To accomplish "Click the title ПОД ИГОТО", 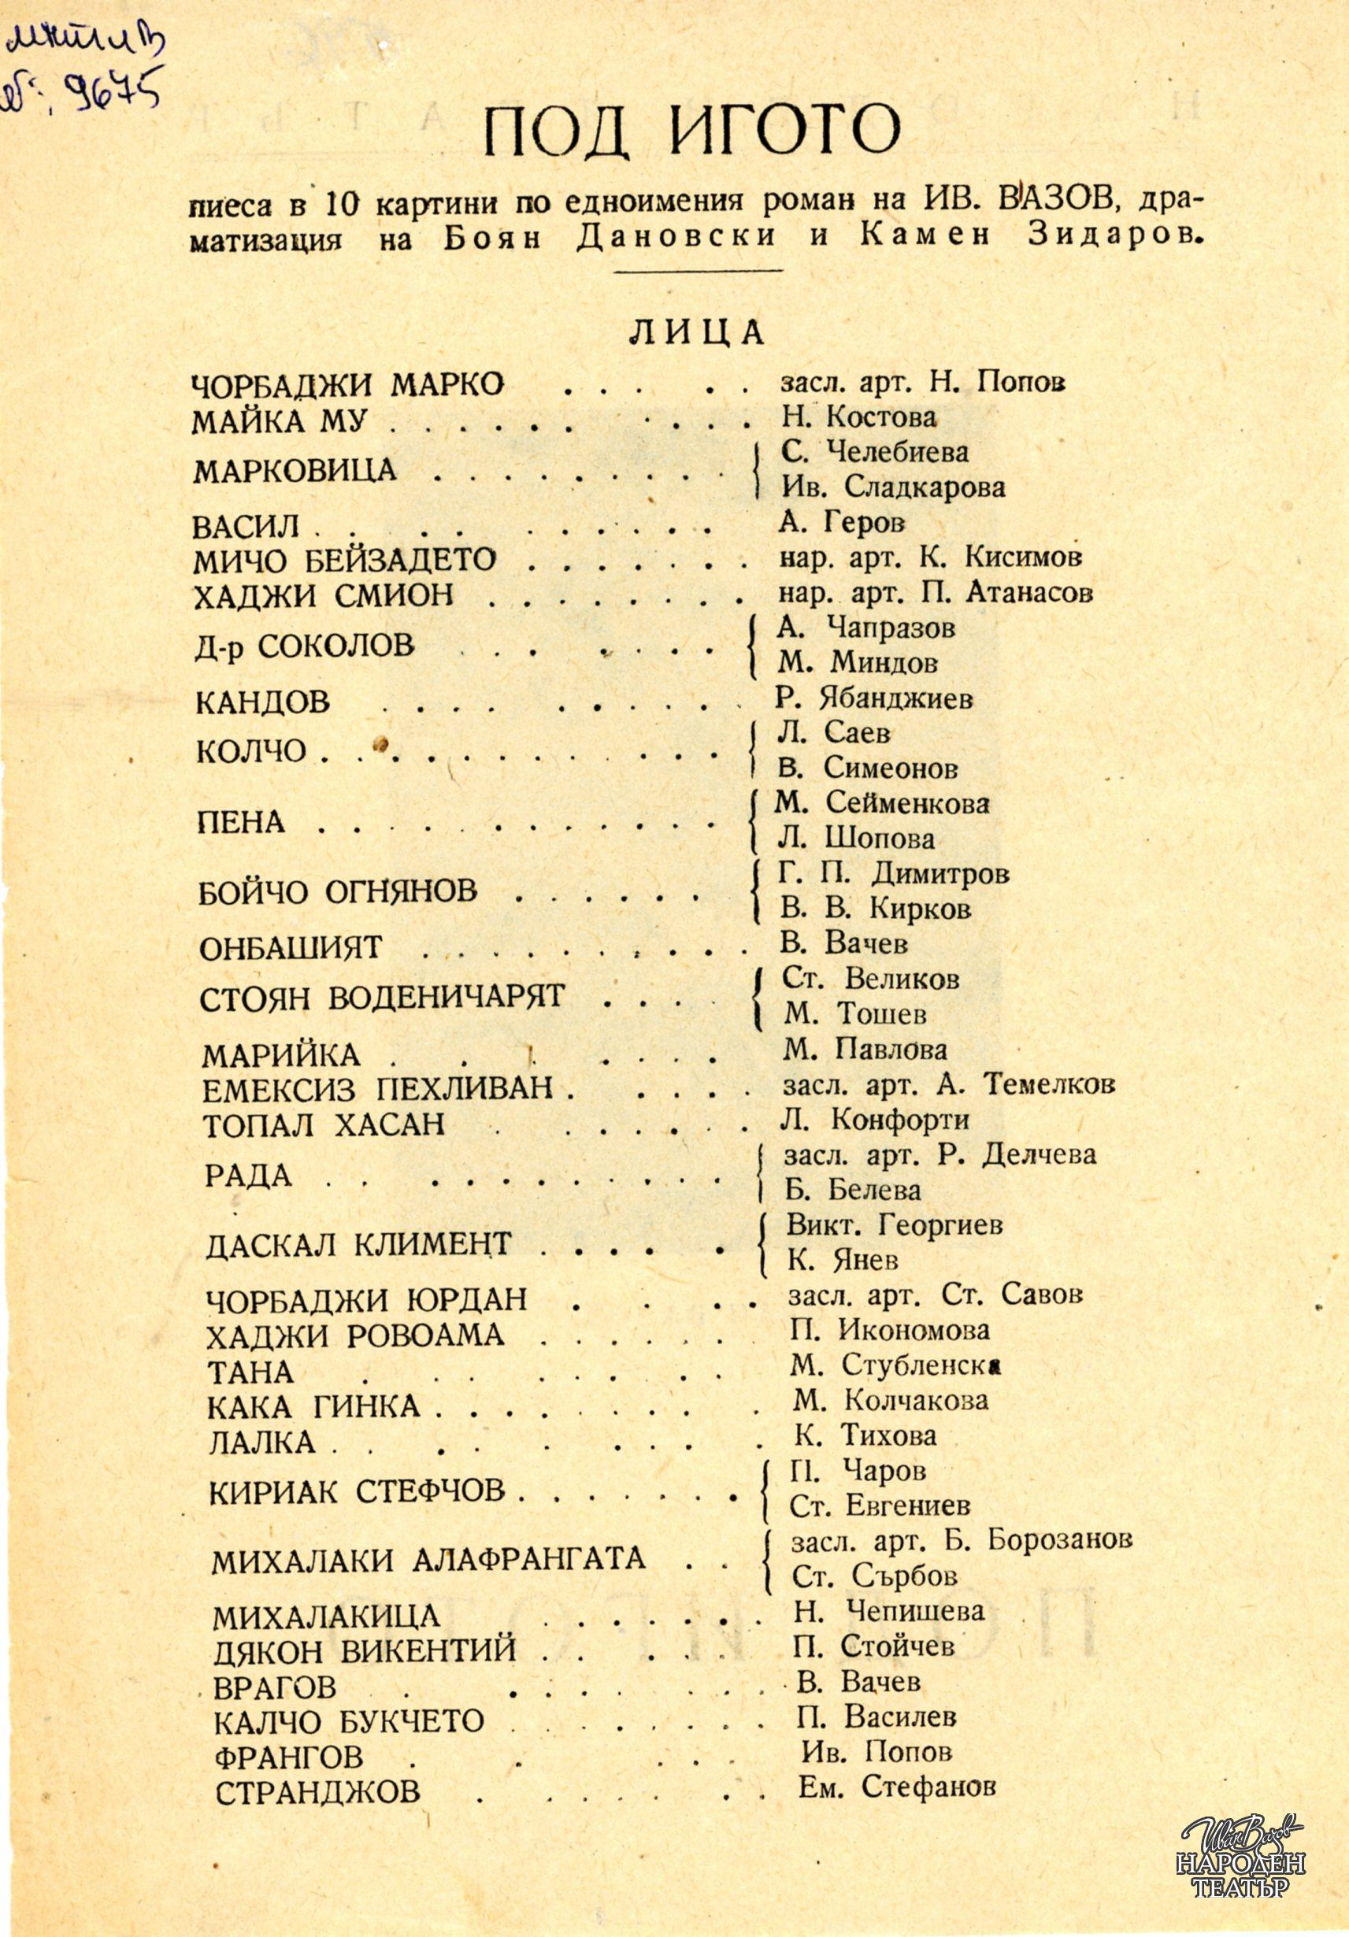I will click(x=691, y=131).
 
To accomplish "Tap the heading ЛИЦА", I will click(x=696, y=333).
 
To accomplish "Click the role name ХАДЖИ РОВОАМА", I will click(x=355, y=1335).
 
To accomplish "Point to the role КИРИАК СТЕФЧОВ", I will click(x=357, y=1491).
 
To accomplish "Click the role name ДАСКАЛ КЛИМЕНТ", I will click(x=358, y=1243).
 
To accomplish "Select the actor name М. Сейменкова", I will click(x=884, y=802).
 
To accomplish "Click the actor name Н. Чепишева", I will click(x=888, y=1609).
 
